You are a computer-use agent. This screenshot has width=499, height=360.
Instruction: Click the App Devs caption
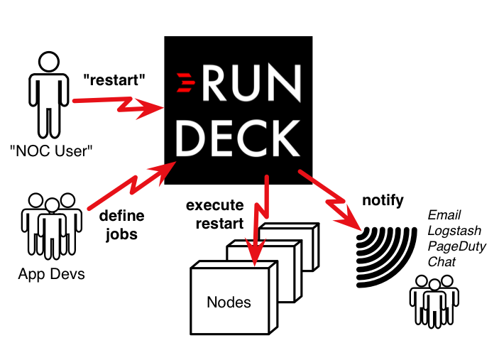(x=51, y=273)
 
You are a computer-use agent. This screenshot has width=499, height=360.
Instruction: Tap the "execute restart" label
(x=215, y=214)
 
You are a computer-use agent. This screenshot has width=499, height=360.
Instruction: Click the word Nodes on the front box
(x=229, y=302)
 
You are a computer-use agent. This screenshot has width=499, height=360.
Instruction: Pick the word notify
(x=383, y=200)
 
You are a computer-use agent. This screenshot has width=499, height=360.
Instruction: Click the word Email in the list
(x=444, y=215)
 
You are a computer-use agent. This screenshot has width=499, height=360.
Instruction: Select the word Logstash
(x=454, y=231)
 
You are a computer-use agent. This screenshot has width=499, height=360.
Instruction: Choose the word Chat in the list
(x=442, y=262)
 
